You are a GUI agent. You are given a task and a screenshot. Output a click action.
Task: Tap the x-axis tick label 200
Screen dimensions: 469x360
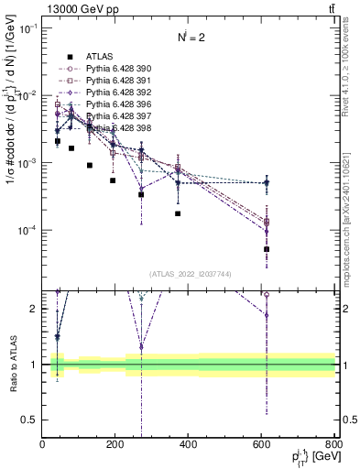pyautogui.click(x=115, y=445)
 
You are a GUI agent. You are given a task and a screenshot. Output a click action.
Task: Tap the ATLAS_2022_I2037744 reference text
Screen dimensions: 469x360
pyautogui.click(x=189, y=273)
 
